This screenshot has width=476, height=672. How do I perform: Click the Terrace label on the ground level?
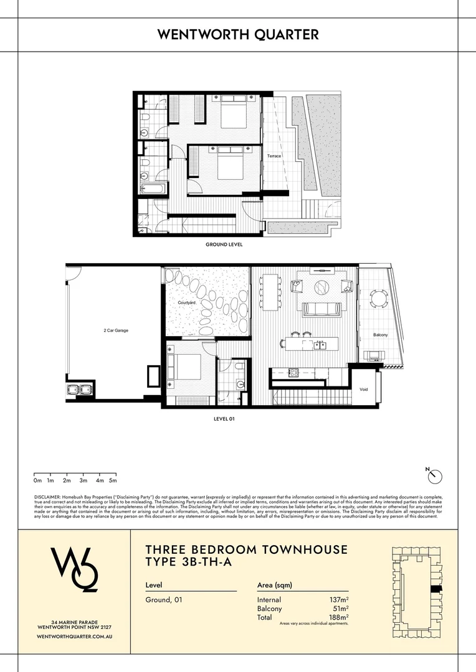pyautogui.click(x=274, y=156)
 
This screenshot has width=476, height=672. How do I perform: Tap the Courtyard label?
pyautogui.click(x=187, y=302)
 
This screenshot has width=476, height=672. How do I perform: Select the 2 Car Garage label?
pyautogui.click(x=116, y=330)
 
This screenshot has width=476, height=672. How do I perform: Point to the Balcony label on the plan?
pyautogui.click(x=380, y=335)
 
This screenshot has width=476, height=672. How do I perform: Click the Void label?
pyautogui.click(x=364, y=390)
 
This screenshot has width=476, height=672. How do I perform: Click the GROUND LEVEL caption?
pyautogui.click(x=224, y=245)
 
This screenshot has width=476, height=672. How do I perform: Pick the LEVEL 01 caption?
pyautogui.click(x=224, y=419)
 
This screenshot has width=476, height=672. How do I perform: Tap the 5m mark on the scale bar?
pyautogui.click(x=113, y=481)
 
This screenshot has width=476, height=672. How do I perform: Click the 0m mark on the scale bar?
pyautogui.click(x=37, y=481)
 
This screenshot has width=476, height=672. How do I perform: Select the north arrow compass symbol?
pyautogui.click(x=435, y=476)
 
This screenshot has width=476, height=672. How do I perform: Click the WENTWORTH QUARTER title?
pyautogui.click(x=238, y=35)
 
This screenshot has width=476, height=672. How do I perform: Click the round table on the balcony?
pyautogui.click(x=378, y=298)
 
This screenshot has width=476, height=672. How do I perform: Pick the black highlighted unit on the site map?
pyautogui.click(x=435, y=588)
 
